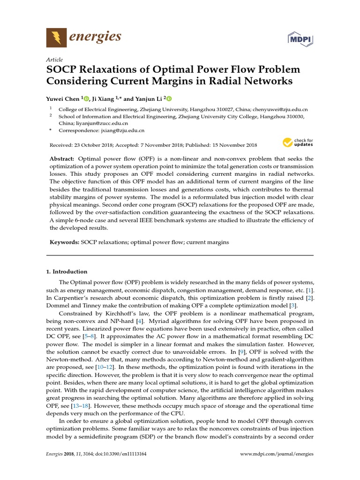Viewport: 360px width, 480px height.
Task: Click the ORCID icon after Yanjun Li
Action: coord(169,98)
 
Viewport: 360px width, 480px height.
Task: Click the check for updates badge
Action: coord(297,142)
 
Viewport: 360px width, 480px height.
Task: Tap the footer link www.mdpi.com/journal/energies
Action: coord(277,454)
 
